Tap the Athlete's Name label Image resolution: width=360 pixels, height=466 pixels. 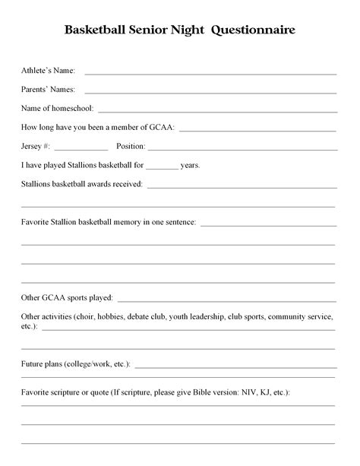point(48,71)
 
